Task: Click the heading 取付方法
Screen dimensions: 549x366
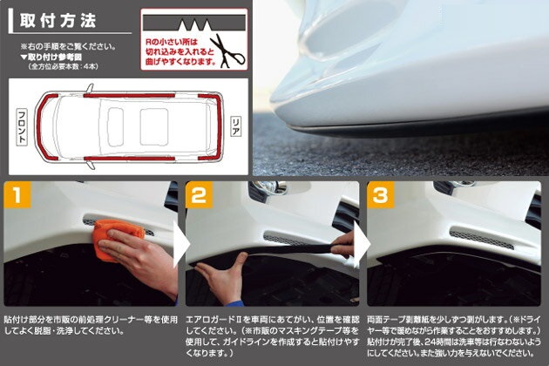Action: click(58, 21)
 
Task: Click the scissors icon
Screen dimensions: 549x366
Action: click(227, 51)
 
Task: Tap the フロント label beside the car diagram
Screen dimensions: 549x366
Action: click(22, 126)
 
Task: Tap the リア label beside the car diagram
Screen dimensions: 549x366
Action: click(236, 126)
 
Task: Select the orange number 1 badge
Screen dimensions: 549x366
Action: click(17, 194)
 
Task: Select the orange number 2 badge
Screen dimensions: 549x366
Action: click(199, 194)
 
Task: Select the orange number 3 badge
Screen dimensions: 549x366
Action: click(380, 194)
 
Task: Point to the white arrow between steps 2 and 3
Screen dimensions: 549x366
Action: click(363, 244)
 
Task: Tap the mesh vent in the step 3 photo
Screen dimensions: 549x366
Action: click(481, 240)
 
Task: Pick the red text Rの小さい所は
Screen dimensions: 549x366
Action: click(171, 43)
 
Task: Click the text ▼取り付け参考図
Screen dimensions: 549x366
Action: click(51, 58)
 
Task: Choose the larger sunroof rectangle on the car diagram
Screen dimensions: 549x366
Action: click(154, 126)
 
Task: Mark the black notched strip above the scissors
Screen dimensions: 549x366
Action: click(194, 24)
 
